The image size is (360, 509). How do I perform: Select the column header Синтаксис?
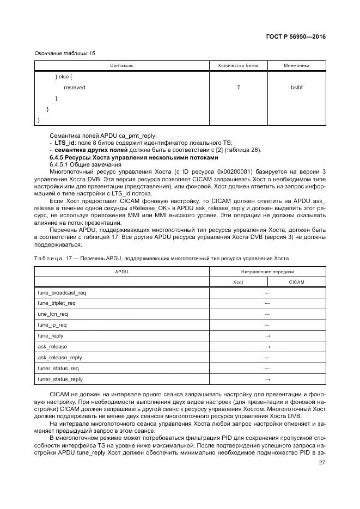(x=122, y=65)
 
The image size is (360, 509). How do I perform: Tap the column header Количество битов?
(x=239, y=65)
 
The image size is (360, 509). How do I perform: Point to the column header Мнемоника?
(x=297, y=65)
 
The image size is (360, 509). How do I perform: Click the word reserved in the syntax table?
(x=75, y=87)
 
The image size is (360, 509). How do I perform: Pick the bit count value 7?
(x=239, y=87)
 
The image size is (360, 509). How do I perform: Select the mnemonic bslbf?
(x=297, y=87)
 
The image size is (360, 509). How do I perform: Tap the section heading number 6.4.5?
(x=59, y=157)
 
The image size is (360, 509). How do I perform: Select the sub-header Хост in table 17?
(x=238, y=282)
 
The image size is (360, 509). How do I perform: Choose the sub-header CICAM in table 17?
(x=297, y=282)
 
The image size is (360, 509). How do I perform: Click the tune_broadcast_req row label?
(x=62, y=292)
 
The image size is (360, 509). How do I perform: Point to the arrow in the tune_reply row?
(x=267, y=336)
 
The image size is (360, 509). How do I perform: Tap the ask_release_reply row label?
(x=60, y=358)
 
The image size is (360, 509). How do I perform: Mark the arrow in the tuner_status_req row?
(x=267, y=369)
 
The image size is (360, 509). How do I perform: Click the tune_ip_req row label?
(x=52, y=325)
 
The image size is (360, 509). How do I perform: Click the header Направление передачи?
(x=267, y=271)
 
